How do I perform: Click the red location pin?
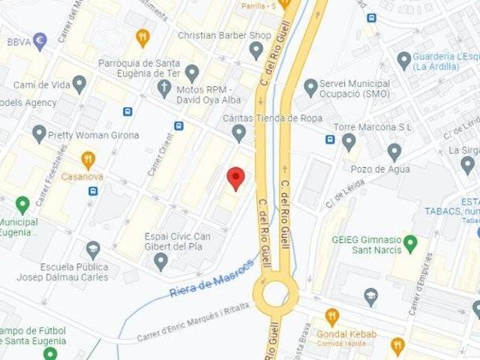[x=236, y=178]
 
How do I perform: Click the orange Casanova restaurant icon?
[x=88, y=159]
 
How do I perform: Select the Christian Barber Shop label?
[x=224, y=35]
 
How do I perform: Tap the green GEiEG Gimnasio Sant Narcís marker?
[x=409, y=244]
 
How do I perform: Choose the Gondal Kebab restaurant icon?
[x=332, y=316]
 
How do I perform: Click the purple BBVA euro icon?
[x=40, y=41]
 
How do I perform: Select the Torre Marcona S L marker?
[x=349, y=141]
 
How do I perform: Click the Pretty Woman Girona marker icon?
[x=39, y=134]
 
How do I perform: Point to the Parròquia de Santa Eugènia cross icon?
[x=164, y=88]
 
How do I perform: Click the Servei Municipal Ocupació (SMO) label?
[x=355, y=88]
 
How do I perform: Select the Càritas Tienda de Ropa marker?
[x=239, y=133]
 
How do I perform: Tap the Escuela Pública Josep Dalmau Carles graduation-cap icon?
[x=93, y=249]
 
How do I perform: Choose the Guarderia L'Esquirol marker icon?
[x=404, y=61]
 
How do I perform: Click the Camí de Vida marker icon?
[x=79, y=84]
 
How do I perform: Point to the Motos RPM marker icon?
[x=192, y=73]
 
